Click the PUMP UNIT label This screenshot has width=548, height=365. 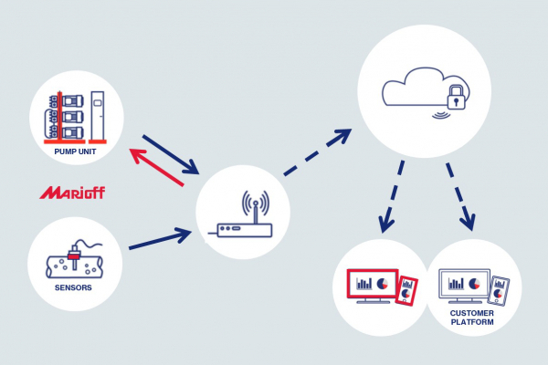point(76,151)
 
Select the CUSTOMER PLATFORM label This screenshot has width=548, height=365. point(471,318)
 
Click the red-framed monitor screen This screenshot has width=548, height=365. point(371,285)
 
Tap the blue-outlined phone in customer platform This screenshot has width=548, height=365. point(499,291)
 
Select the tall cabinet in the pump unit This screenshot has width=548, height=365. point(100,113)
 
